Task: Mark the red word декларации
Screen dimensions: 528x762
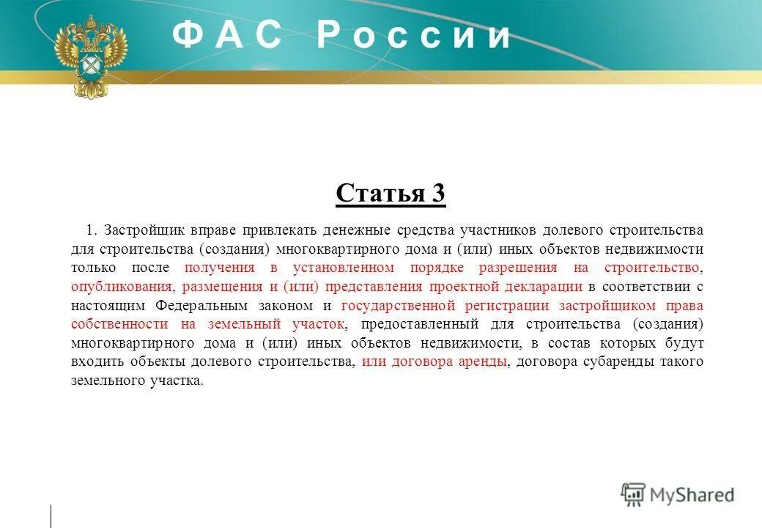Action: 546,287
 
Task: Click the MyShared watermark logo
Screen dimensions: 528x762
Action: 677,495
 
